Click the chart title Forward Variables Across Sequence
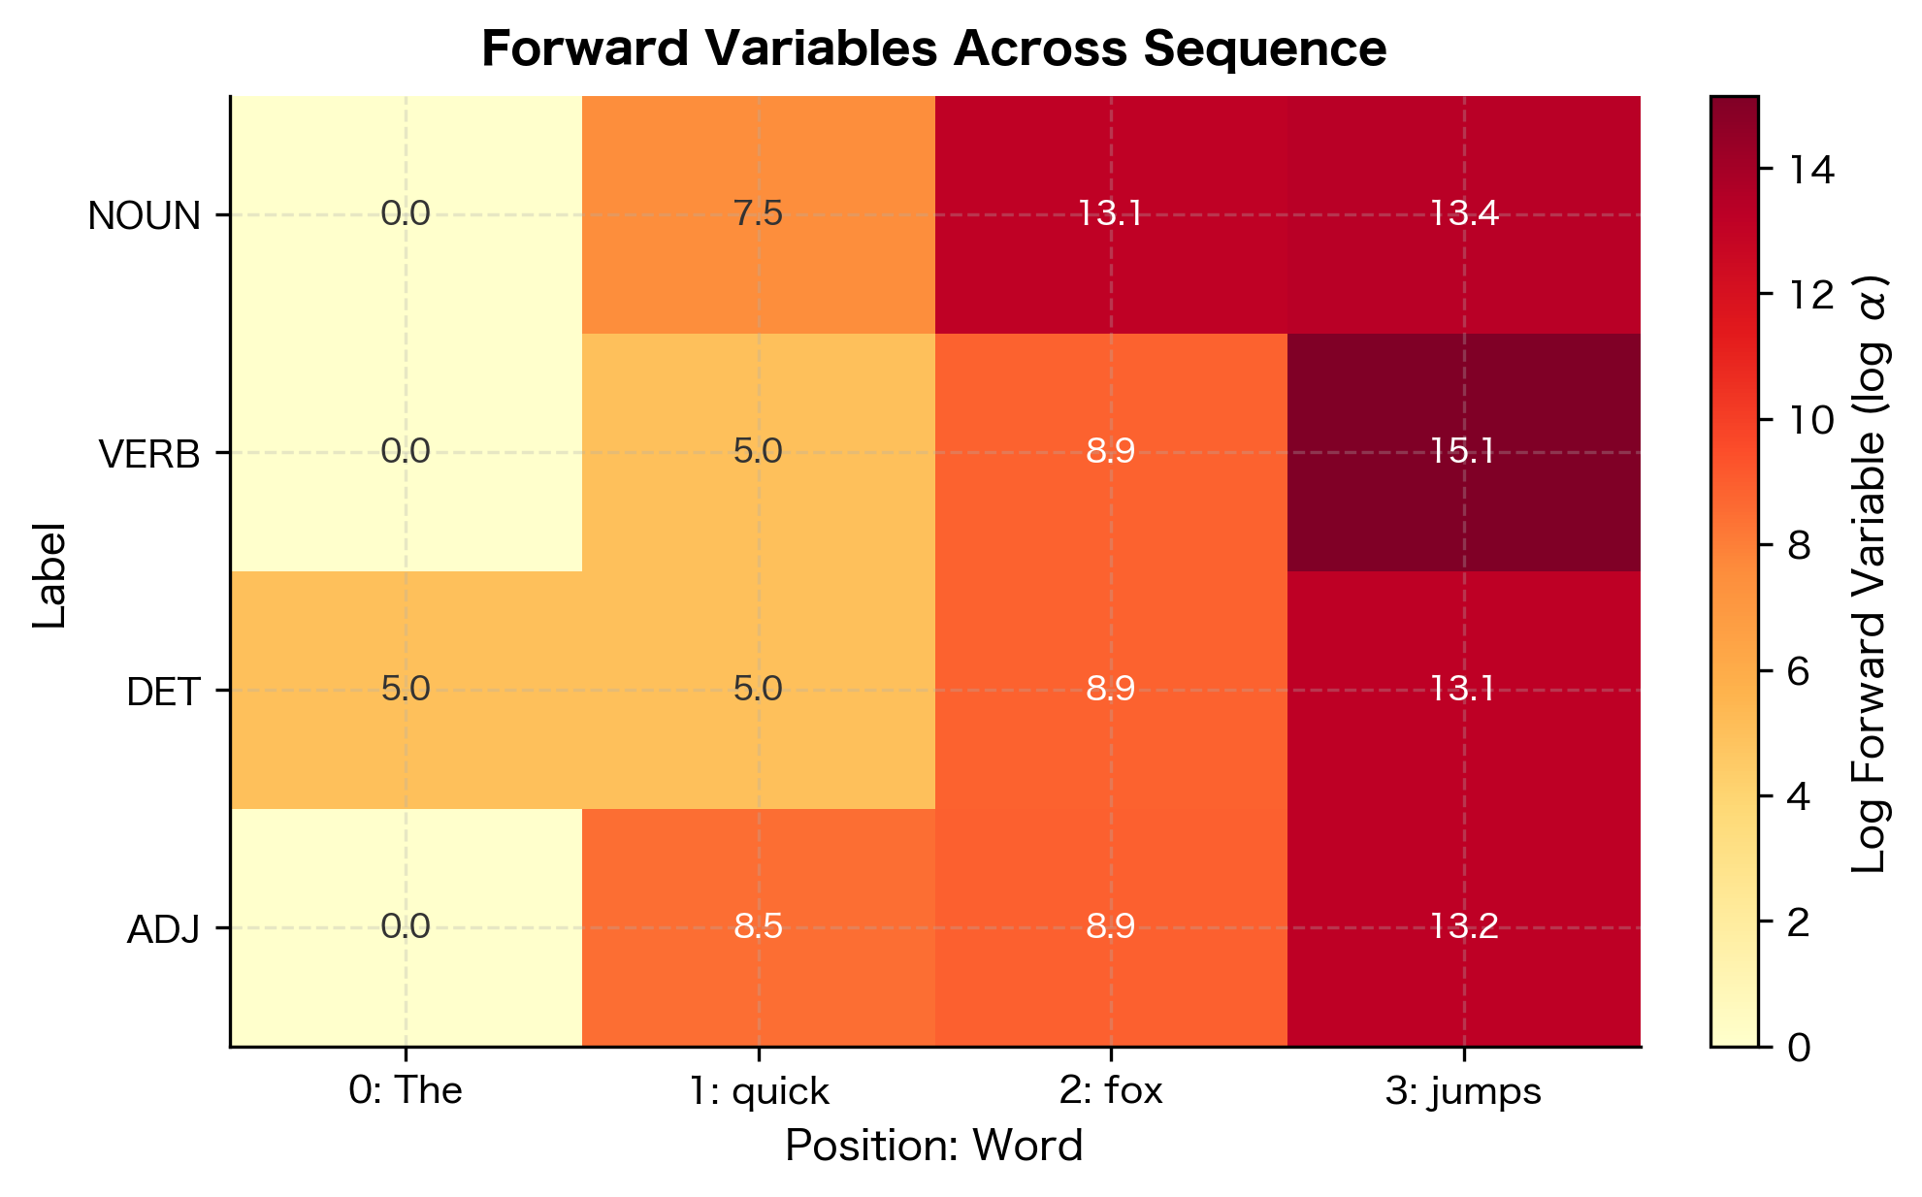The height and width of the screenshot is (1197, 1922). [933, 49]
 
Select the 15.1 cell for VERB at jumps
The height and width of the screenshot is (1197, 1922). [1463, 452]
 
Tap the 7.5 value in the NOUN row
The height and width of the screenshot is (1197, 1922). [758, 214]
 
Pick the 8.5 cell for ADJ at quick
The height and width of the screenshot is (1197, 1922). [758, 927]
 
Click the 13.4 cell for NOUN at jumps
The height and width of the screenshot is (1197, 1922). [1463, 214]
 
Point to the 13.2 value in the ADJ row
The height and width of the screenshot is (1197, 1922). [1463, 927]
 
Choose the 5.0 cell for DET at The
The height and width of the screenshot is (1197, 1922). [406, 690]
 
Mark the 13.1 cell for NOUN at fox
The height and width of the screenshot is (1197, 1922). [1111, 214]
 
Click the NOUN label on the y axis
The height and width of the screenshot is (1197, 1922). [144, 216]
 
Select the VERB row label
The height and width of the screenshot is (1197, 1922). [149, 454]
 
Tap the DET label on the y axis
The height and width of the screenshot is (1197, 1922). [163, 692]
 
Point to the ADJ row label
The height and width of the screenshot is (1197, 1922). [163, 930]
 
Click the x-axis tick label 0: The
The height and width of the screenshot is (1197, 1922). [406, 1091]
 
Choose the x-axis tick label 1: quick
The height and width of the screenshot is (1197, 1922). [758, 1091]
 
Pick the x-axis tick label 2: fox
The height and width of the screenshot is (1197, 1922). [1111, 1091]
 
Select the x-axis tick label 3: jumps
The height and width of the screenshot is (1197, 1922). [1463, 1091]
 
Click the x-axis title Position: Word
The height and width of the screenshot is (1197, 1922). [933, 1147]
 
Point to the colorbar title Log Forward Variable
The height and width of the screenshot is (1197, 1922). [1869, 571]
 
